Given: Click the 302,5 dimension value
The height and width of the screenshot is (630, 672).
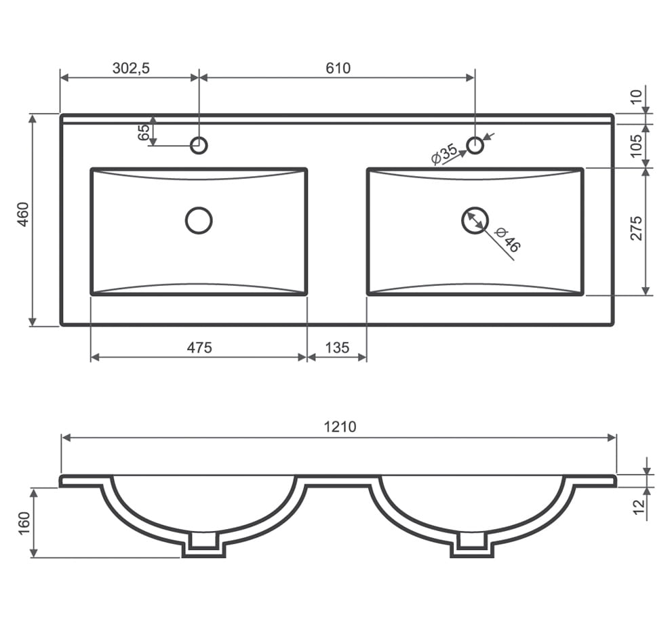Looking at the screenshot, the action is pyautogui.click(x=131, y=68).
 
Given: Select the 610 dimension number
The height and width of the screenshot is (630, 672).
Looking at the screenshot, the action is pyautogui.click(x=338, y=68).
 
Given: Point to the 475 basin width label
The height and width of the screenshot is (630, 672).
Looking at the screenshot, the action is pyautogui.click(x=199, y=348).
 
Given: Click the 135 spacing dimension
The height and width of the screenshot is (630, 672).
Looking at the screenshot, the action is pyautogui.click(x=337, y=348).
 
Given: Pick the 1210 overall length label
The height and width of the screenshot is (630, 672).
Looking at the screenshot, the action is pyautogui.click(x=340, y=427).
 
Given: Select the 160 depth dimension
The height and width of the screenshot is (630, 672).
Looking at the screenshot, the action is pyautogui.click(x=24, y=522).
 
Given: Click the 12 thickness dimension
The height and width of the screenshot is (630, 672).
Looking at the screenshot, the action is pyautogui.click(x=639, y=507).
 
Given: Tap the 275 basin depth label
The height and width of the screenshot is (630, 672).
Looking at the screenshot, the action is pyautogui.click(x=637, y=228).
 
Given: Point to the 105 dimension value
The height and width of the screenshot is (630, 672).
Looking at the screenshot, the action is pyautogui.click(x=637, y=146).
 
